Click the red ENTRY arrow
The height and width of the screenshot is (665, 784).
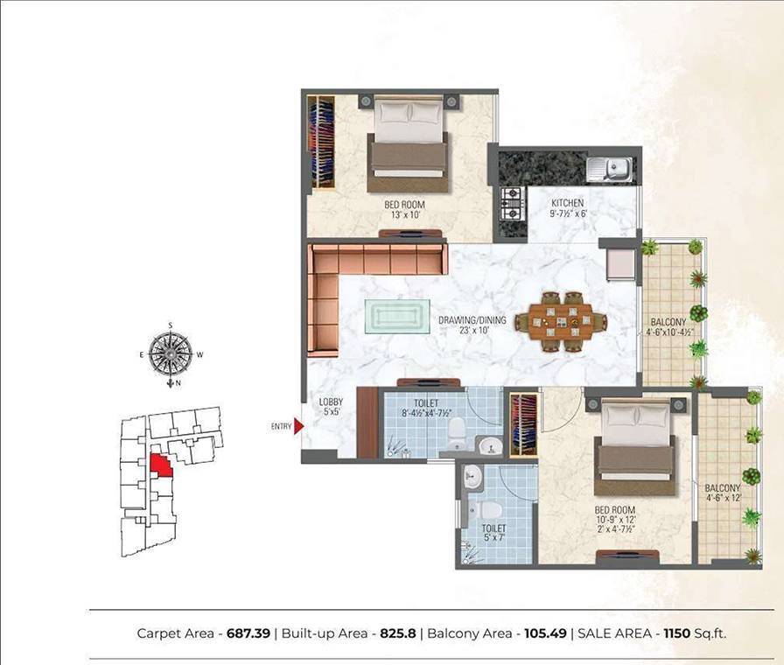(x=297, y=426)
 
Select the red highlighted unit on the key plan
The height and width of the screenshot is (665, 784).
(x=161, y=464)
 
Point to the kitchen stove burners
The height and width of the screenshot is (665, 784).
(x=511, y=203)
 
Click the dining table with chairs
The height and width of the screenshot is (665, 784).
(x=561, y=321)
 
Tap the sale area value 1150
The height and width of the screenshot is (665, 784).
(x=679, y=633)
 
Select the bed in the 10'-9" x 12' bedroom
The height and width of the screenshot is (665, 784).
(x=633, y=446)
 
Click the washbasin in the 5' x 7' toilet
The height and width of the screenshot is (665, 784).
(x=472, y=478)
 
